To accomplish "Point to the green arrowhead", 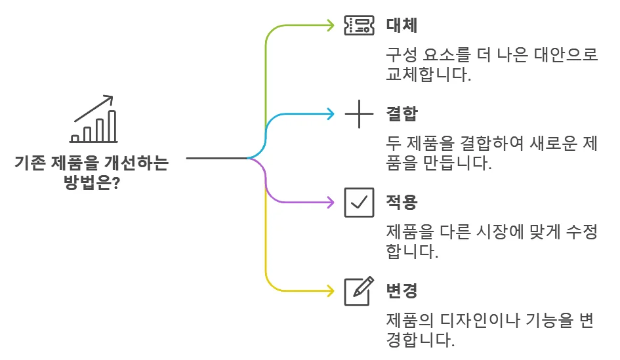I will (331, 26).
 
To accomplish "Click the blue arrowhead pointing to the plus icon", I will (331, 114).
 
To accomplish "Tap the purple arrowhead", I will (331, 202).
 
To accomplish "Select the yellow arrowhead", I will (331, 289).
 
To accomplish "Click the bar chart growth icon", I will (94, 120).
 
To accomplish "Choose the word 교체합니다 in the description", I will (428, 74).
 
